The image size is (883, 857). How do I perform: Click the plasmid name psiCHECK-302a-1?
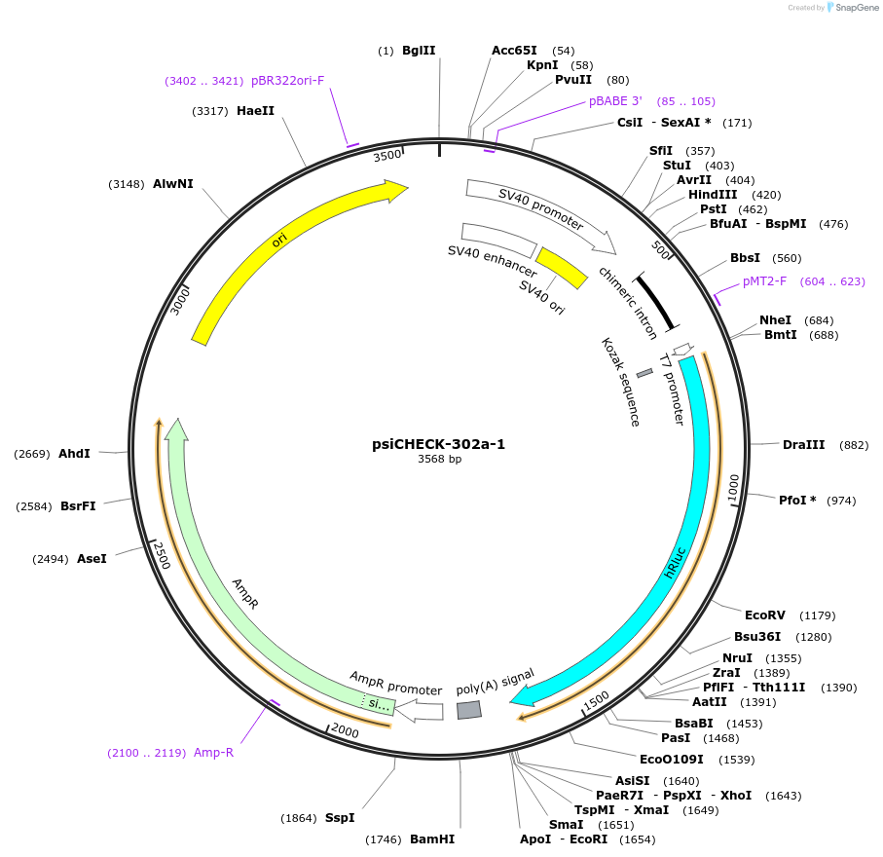439,444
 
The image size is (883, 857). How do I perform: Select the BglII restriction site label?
419,51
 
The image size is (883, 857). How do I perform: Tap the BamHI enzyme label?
432,838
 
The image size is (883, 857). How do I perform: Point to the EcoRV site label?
765,615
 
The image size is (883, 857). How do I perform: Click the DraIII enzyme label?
803,445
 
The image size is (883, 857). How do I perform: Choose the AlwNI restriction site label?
173,183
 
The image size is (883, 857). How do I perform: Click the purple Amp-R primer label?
213,753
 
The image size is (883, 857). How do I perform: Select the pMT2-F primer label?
764,281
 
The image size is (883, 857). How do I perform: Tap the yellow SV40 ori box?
562,268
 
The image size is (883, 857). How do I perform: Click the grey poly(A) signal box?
469,710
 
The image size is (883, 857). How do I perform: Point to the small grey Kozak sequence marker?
644,373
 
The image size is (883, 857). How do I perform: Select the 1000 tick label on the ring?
734,484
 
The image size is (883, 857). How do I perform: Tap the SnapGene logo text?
852,8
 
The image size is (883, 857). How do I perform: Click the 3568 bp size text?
439,460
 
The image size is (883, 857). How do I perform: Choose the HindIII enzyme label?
714,195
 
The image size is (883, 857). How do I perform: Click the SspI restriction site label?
340,818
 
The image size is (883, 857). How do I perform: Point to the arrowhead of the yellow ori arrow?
398,189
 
